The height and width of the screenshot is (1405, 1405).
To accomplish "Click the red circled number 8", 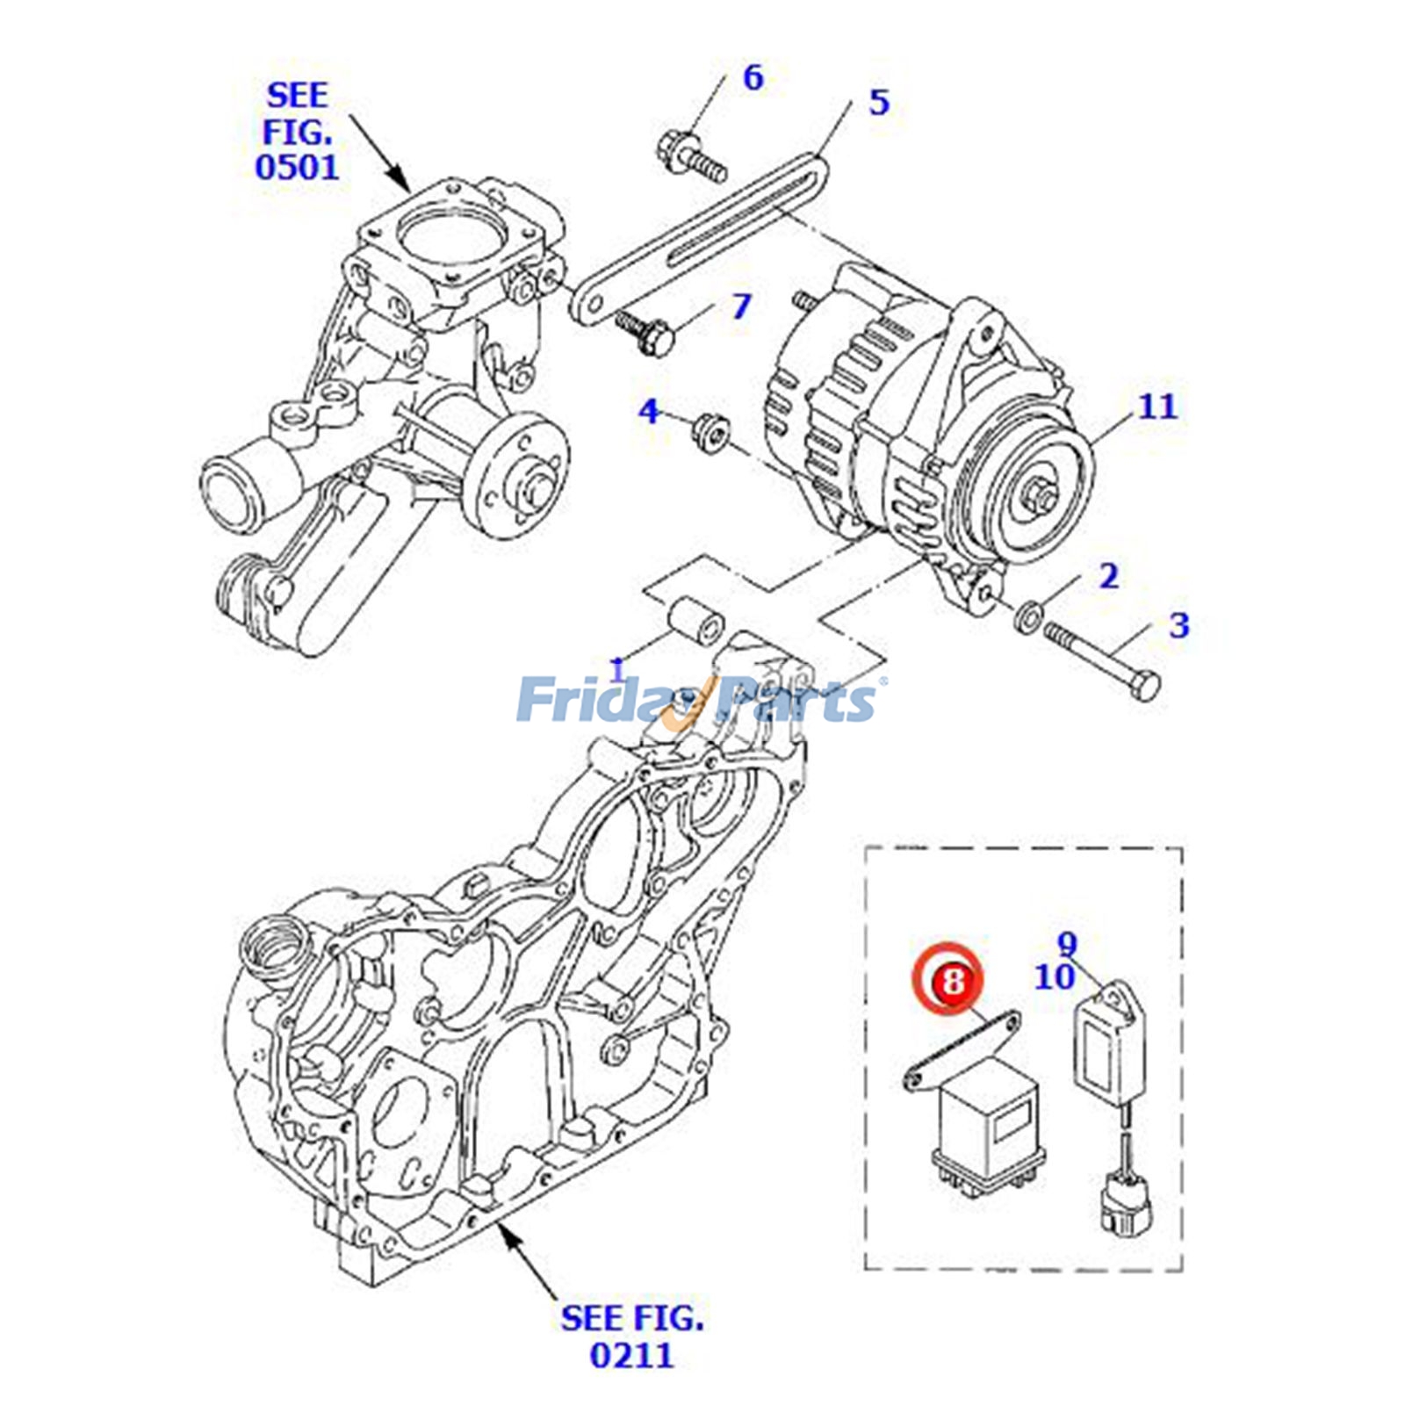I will point(953,979).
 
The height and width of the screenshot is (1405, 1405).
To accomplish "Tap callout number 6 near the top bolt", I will point(753,77).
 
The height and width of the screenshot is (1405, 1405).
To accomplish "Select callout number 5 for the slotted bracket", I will point(879,102).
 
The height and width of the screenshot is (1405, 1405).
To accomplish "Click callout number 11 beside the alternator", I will point(1156,407).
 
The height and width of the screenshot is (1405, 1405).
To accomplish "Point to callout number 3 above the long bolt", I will point(1178,625).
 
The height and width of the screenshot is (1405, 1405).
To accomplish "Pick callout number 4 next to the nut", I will point(648,410).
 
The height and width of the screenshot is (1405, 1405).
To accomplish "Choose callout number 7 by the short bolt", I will point(742,306).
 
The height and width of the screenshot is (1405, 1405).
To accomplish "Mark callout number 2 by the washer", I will point(1109,576).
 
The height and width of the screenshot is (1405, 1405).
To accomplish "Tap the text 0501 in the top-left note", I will point(297,166).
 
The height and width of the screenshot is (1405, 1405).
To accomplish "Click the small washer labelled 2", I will point(1027,616).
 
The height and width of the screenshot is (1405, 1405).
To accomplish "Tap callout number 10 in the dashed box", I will point(1054,976).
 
